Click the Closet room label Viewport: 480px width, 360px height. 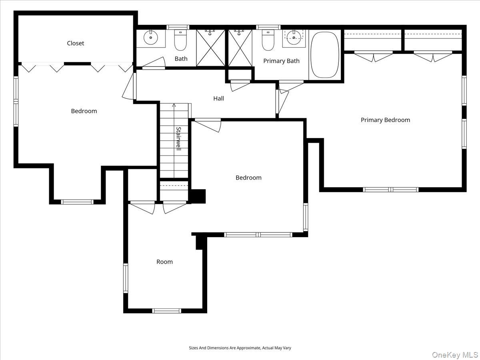point(76,43)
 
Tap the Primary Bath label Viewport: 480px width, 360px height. point(281,61)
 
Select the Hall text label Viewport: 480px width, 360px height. point(218,98)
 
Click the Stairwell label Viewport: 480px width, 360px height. point(179,138)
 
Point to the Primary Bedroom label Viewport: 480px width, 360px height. point(385,120)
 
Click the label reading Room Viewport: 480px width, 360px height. point(164,262)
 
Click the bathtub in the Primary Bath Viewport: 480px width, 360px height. point(325,55)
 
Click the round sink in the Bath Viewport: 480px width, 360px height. point(151,39)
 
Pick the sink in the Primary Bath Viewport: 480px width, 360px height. point(294,38)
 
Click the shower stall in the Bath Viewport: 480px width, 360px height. point(211,48)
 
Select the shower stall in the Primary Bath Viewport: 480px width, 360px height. point(240,48)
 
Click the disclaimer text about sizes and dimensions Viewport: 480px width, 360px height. point(240,348)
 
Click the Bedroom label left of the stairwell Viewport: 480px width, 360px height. point(84,111)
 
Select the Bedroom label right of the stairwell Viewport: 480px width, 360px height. point(248,178)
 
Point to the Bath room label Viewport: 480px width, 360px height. point(181,59)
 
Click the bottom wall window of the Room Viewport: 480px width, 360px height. point(167,310)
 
